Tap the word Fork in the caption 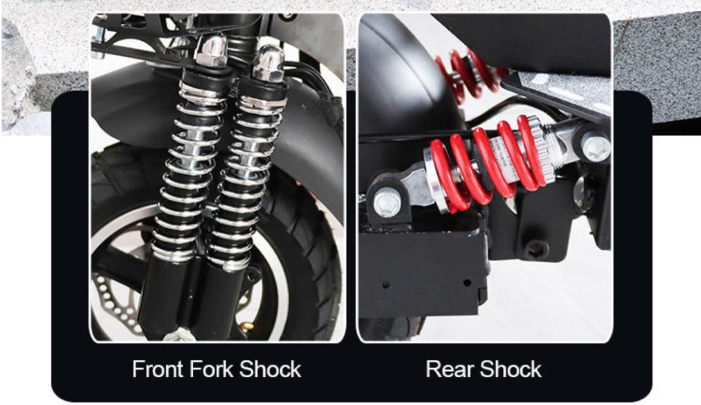[211, 369]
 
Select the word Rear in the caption [449, 369]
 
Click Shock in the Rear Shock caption [511, 369]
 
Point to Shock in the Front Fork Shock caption [270, 369]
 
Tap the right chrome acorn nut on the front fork [268, 64]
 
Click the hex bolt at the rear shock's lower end [387, 203]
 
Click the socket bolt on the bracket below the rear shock [536, 249]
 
